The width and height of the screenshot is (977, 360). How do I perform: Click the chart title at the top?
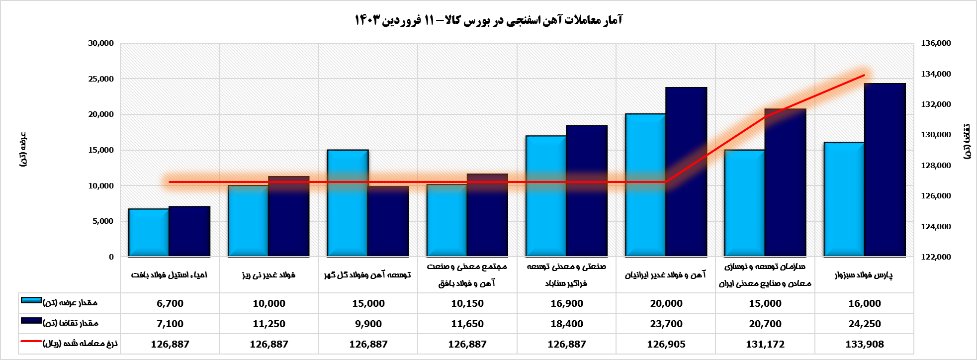click(x=488, y=20)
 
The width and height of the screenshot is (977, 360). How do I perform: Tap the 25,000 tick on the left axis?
click(x=101, y=79)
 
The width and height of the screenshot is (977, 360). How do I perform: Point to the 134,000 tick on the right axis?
click(x=936, y=74)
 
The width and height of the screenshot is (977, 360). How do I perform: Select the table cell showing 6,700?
click(x=170, y=303)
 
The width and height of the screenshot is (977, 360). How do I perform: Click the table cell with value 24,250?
click(x=865, y=324)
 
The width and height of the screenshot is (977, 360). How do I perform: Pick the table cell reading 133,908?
click(x=865, y=344)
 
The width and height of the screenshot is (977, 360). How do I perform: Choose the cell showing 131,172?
click(x=765, y=344)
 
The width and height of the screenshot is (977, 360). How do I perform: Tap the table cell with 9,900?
click(x=368, y=324)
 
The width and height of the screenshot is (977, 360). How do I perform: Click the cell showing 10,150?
click(x=467, y=303)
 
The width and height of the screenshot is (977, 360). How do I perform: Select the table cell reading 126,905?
click(x=666, y=344)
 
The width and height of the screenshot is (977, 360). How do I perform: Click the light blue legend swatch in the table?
click(x=31, y=300)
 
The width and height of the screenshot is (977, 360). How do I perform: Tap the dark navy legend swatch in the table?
click(x=31, y=321)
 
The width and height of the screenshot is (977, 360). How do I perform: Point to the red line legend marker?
click(x=31, y=342)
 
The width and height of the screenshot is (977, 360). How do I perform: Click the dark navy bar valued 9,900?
click(x=388, y=221)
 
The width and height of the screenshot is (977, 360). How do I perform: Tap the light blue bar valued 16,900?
click(x=546, y=196)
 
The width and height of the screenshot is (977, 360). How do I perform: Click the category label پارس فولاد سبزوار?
click(x=864, y=275)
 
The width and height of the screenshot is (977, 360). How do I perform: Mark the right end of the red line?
click(x=864, y=75)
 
